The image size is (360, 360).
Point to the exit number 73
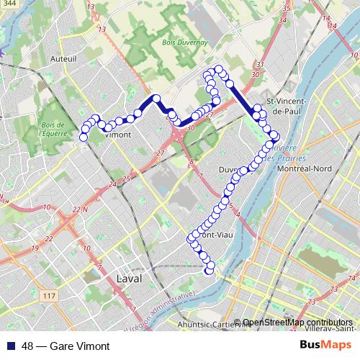[x=334, y=289]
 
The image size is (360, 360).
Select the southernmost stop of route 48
[x=210, y=271]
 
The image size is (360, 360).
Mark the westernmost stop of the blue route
[x=84, y=137]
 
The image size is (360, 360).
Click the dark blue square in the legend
[x=11, y=346]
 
